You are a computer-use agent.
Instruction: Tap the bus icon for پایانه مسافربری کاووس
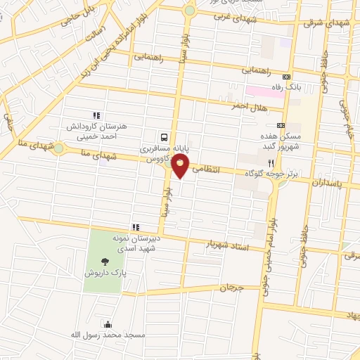point(164,137)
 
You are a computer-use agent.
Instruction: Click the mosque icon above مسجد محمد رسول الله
point(108,324)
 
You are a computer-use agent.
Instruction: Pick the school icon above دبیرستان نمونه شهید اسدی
point(136,226)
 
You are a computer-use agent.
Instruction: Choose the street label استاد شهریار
point(228,245)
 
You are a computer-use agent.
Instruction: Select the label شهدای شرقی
point(328,22)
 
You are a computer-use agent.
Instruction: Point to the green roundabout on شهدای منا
point(58,149)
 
